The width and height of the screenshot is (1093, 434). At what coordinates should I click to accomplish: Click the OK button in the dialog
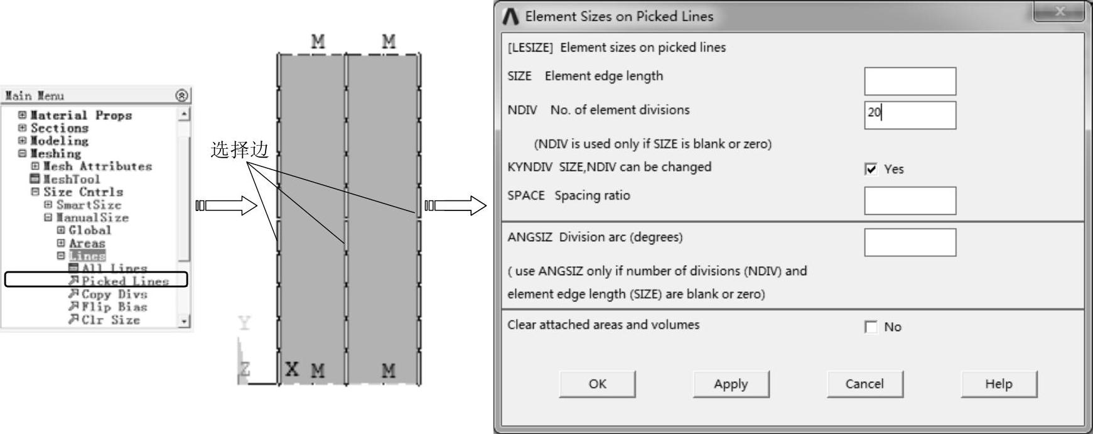coord(597,384)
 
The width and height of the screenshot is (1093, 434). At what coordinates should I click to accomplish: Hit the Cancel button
coord(864,384)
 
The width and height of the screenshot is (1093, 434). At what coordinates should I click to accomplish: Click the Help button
coord(998,384)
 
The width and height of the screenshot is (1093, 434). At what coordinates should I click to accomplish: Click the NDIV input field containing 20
coord(910,115)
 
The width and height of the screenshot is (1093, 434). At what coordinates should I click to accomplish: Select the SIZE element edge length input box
coord(910,81)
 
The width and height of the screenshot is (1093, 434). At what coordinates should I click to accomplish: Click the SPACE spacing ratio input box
coord(910,200)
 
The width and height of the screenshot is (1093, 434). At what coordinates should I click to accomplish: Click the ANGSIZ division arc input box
coord(910,242)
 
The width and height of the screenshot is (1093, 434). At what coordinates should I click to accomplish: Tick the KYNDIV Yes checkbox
coord(871,169)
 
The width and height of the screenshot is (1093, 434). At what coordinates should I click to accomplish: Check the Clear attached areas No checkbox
coord(871,327)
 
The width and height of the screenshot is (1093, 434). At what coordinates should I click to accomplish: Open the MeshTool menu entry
coord(71,179)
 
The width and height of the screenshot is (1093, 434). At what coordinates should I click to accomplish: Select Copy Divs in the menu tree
coord(114,294)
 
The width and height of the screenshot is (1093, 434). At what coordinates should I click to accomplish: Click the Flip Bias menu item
coord(114,307)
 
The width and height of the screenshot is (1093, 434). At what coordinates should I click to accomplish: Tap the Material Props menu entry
coord(80,115)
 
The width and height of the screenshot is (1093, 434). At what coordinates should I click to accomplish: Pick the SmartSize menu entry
coord(88,205)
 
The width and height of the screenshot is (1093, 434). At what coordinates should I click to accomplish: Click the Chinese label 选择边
coord(239,149)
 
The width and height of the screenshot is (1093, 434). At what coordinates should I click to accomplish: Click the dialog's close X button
coord(1060,12)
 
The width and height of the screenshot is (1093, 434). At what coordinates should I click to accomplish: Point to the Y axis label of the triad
coord(244,323)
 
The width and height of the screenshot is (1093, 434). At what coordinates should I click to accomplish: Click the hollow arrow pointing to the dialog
coord(456,205)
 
